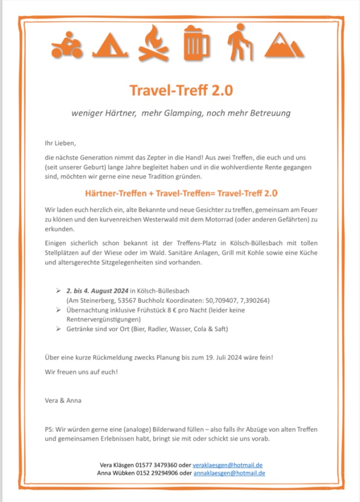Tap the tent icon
110,46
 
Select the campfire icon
153,44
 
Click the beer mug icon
196,44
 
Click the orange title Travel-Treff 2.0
181,90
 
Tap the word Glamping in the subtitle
184,113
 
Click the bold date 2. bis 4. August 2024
97,291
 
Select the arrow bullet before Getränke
58,328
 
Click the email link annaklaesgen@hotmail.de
229,473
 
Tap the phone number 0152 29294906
158,473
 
